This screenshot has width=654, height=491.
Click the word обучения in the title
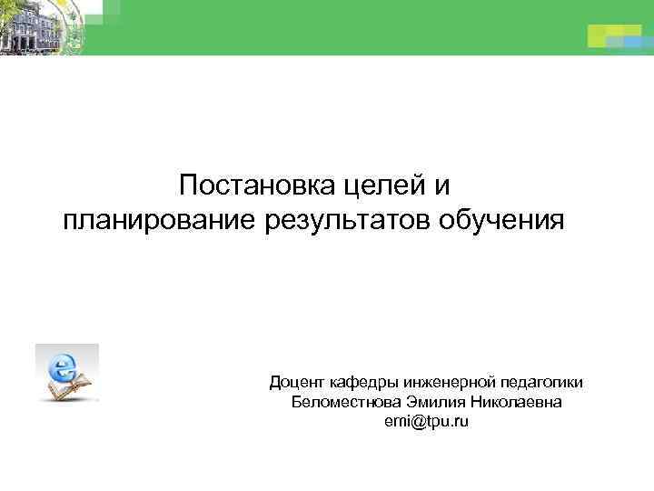pos(503,220)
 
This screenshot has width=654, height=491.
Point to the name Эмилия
pos(432,403)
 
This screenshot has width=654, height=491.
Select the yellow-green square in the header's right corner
pos(600,35)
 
